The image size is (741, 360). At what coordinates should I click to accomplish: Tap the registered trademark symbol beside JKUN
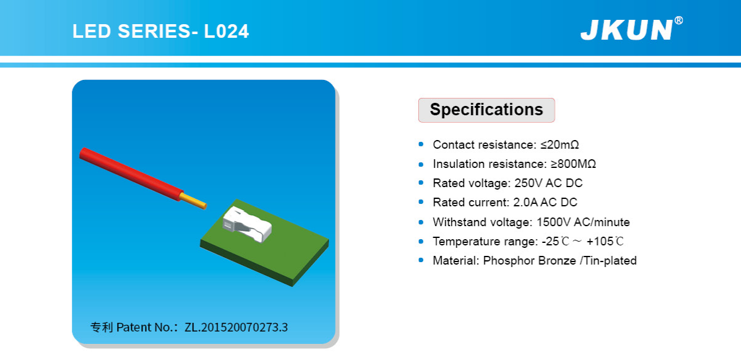678,20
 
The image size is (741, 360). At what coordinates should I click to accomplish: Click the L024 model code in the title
226,31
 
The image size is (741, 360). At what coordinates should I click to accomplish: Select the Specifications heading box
486,110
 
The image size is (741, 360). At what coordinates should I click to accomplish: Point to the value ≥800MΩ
573,164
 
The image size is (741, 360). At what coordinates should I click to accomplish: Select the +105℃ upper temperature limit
605,242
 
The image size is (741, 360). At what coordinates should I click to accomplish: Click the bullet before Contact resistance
421,144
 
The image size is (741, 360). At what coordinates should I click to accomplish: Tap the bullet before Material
421,261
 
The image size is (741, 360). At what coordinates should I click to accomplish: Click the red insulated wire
131,173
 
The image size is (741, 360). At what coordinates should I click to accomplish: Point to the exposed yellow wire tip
195,201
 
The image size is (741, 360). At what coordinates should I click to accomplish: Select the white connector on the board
247,223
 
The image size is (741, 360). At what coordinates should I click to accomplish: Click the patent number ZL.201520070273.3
236,327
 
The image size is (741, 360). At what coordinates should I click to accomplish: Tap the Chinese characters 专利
102,327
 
